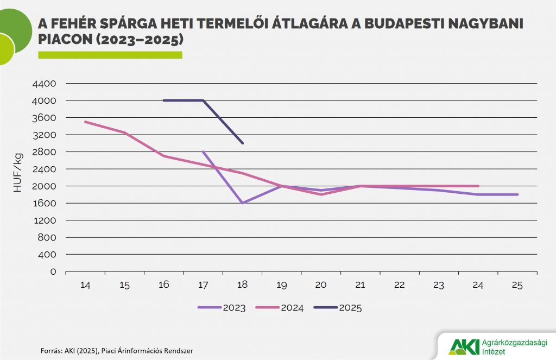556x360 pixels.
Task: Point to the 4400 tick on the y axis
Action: (x=45, y=84)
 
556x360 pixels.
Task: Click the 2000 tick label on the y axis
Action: (x=45, y=186)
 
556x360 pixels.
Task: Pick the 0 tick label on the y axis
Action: (x=53, y=271)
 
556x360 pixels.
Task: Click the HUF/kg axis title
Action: (x=18, y=172)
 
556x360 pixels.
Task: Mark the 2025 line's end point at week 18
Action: (x=242, y=143)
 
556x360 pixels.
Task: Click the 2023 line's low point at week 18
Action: (x=242, y=203)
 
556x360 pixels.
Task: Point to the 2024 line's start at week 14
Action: (x=85, y=122)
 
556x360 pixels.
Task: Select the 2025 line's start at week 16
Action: (x=164, y=100)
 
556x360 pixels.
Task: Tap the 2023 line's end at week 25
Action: (x=517, y=194)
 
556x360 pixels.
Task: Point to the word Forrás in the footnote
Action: (x=51, y=351)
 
